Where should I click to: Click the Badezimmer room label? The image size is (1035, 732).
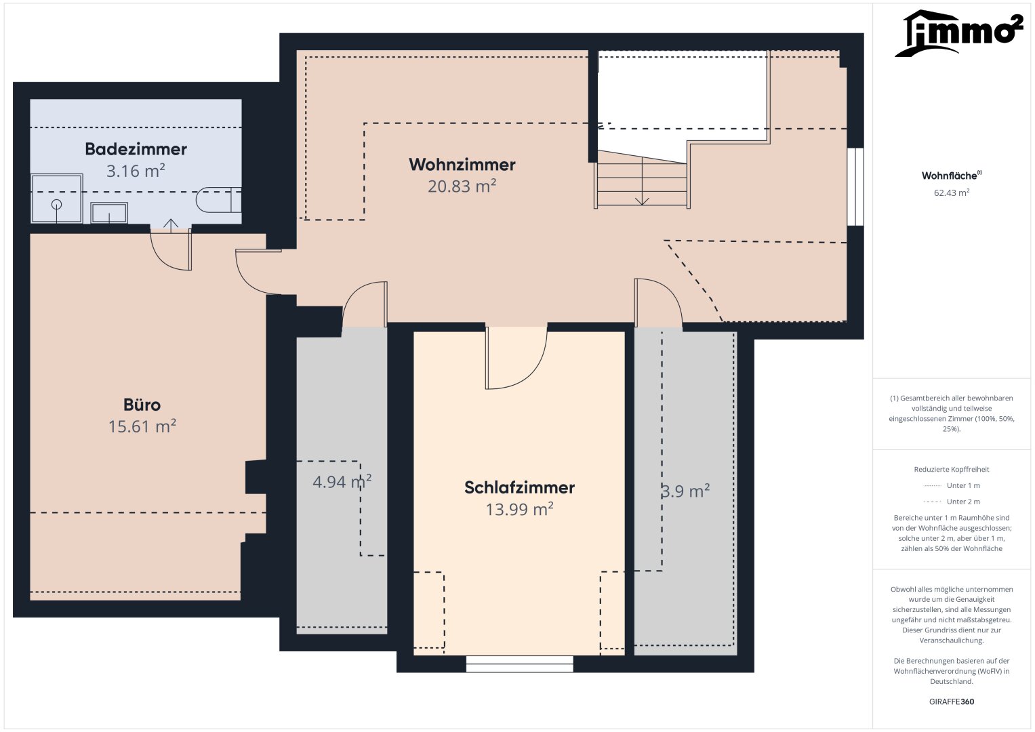click(x=136, y=149)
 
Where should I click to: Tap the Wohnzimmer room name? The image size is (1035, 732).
click(x=462, y=165)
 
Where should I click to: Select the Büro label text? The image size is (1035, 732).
click(x=142, y=405)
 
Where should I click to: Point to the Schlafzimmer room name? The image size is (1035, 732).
click(x=519, y=487)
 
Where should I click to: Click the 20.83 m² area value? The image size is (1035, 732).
click(x=462, y=186)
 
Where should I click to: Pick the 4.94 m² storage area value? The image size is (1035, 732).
click(x=342, y=481)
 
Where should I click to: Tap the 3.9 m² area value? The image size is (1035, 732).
click(x=686, y=490)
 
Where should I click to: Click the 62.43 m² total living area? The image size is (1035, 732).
click(x=952, y=192)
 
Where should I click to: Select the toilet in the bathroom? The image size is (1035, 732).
click(x=218, y=200)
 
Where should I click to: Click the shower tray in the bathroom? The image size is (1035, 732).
click(x=56, y=198)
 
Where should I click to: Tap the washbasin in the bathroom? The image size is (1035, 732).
click(x=109, y=213)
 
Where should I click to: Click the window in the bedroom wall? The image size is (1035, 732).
click(x=520, y=664)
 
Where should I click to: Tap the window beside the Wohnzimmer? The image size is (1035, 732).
click(x=855, y=186)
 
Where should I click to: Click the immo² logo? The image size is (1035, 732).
click(x=959, y=33)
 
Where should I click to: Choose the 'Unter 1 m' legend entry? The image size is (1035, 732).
click(x=952, y=486)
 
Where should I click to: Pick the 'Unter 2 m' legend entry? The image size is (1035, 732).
click(x=952, y=502)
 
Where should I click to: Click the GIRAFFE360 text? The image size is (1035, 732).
click(x=952, y=701)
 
